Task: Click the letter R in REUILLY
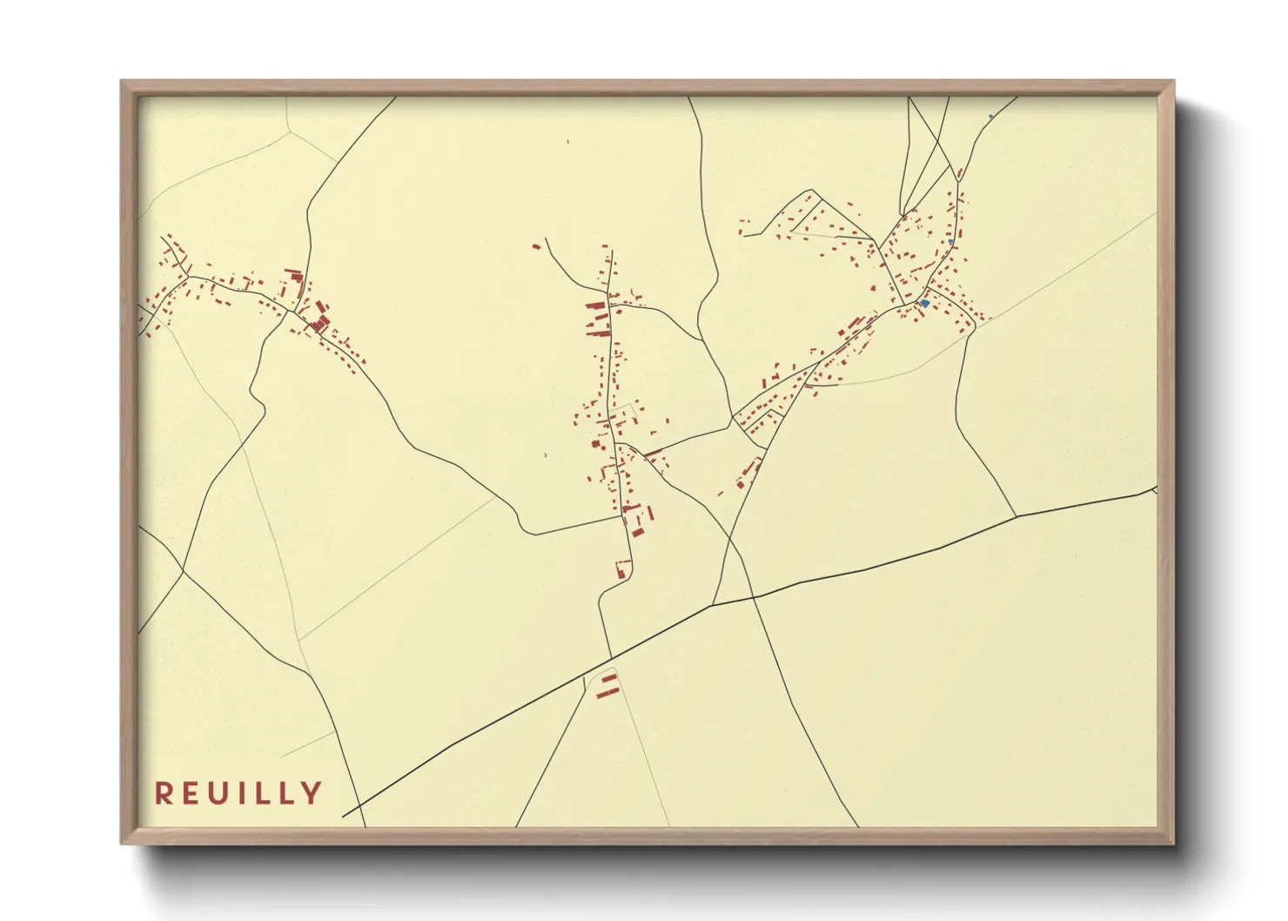tap(164, 793)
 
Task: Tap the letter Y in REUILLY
tap(312, 793)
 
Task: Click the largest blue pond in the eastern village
tap(925, 303)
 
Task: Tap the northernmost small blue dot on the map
tap(990, 117)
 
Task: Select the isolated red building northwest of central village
tap(536, 246)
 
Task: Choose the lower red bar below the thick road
tap(607, 693)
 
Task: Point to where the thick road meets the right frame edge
tap(1156, 489)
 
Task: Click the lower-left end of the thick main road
tap(344, 816)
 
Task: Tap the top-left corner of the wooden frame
tap(122, 82)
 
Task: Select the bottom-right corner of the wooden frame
tap(1173, 844)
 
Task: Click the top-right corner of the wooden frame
tap(1173, 82)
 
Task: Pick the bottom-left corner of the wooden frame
tap(122, 844)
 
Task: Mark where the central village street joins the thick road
tap(611, 657)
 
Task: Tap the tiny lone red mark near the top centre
tap(569, 141)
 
